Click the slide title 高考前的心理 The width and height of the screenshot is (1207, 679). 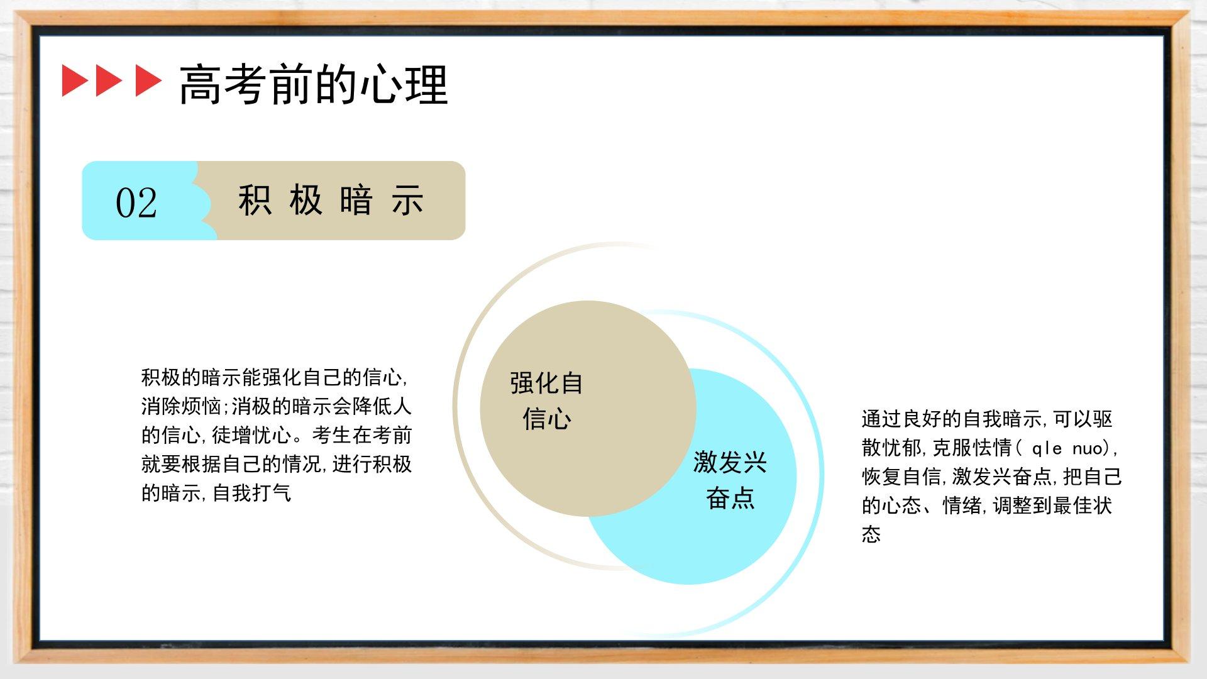[x=314, y=84]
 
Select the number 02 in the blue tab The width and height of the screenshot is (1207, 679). [x=136, y=202]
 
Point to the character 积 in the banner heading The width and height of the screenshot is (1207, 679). [x=255, y=201]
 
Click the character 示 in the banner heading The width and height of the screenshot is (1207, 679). [x=407, y=201]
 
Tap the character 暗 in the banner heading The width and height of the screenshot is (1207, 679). [x=356, y=201]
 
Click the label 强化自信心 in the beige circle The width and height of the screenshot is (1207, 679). [x=546, y=400]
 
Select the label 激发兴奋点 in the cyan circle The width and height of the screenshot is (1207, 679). [x=730, y=480]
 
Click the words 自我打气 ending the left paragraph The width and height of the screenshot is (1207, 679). [x=251, y=493]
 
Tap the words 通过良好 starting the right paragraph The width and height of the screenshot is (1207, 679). [x=901, y=419]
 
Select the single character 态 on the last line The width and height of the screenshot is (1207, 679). [x=871, y=534]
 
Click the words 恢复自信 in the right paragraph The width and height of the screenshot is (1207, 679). [x=901, y=477]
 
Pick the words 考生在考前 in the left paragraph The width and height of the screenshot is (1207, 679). [x=361, y=435]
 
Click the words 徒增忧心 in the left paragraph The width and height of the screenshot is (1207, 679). [x=251, y=435]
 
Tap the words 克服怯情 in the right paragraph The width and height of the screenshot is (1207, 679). [x=972, y=448]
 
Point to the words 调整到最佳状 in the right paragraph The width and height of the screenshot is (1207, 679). [x=1053, y=505]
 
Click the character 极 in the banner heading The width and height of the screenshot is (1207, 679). [x=306, y=201]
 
